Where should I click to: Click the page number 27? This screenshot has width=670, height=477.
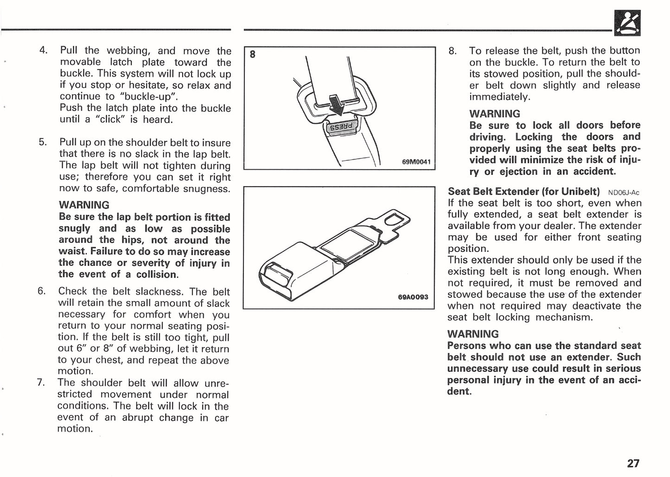[633, 463]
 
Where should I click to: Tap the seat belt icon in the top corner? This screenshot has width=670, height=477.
[627, 24]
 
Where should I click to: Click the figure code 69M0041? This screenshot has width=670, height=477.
[416, 162]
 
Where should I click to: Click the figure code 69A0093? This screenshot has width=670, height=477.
[413, 297]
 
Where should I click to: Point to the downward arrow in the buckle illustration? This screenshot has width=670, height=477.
[336, 105]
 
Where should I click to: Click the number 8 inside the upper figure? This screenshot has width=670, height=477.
[252, 55]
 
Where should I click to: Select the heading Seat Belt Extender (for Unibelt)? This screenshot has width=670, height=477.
[523, 191]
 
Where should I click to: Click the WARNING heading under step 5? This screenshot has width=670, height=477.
[84, 205]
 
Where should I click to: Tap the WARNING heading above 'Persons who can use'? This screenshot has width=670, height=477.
[473, 334]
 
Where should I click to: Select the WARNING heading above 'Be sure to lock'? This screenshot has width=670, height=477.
[495, 113]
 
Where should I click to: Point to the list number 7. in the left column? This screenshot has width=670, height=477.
[41, 383]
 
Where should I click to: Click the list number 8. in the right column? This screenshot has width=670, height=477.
[453, 50]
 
